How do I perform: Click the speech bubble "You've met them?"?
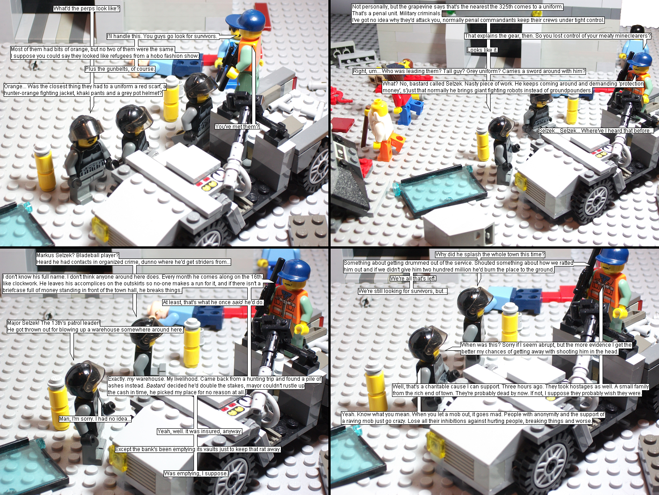(x=237, y=127)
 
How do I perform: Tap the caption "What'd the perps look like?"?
(x=86, y=9)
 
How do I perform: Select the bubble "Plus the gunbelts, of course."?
(x=120, y=69)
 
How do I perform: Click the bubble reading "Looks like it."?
(x=482, y=50)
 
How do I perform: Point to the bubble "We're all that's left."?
(x=413, y=279)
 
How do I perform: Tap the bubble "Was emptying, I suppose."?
(x=196, y=473)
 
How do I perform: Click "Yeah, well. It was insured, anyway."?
(x=200, y=431)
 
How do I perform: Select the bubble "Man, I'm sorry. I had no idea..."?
(x=95, y=419)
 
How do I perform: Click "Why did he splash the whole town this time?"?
(x=490, y=254)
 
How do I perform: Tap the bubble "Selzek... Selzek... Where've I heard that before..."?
(x=596, y=131)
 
